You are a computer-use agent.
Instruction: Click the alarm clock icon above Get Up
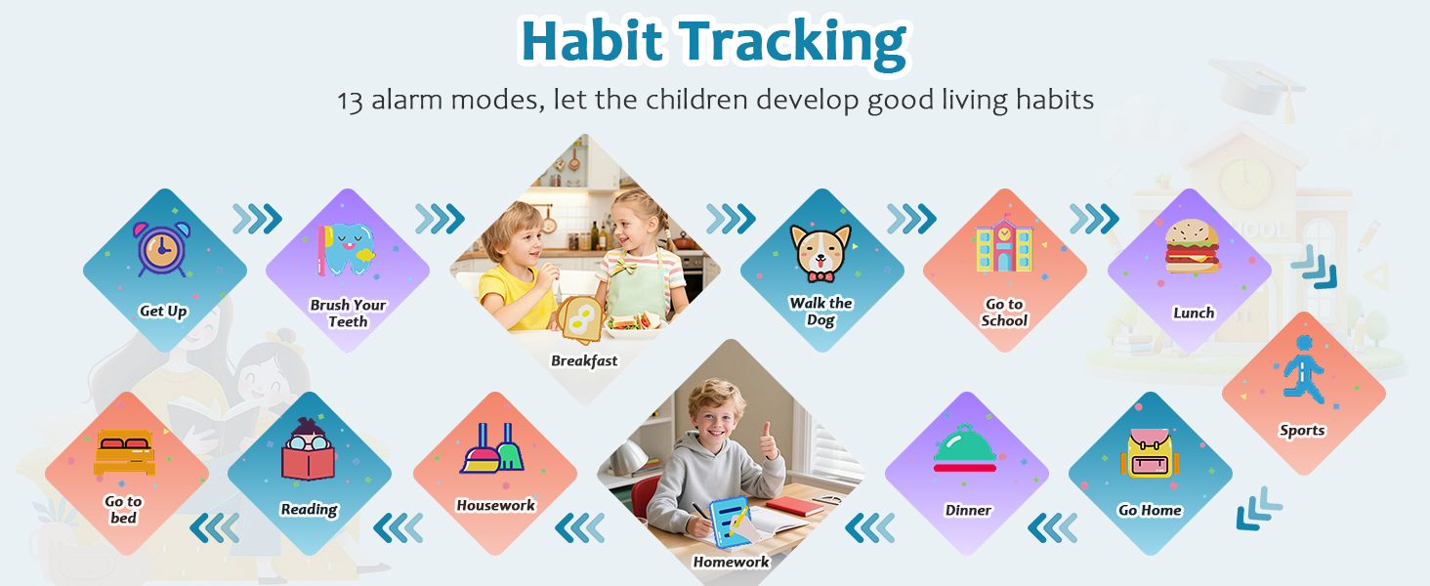pyautogui.click(x=162, y=248)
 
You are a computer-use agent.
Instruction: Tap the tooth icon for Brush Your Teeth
pyautogui.click(x=346, y=250)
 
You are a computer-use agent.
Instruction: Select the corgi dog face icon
pyautogui.click(x=820, y=253)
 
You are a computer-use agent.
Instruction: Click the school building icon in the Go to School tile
pyautogui.click(x=1004, y=243)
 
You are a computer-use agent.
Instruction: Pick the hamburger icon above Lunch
pyautogui.click(x=1192, y=246)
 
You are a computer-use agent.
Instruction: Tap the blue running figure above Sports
pyautogui.click(x=1304, y=369)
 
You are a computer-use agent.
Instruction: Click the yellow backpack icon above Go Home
pyautogui.click(x=1149, y=452)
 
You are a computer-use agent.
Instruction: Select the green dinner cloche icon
pyautogui.click(x=965, y=447)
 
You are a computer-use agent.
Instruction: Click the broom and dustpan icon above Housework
pyautogui.click(x=492, y=447)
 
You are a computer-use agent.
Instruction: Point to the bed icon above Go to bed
pyautogui.click(x=124, y=452)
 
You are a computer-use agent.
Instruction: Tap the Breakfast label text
pyautogui.click(x=584, y=360)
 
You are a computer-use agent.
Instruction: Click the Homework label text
pyautogui.click(x=731, y=562)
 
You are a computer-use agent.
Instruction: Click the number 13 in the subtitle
pyautogui.click(x=350, y=101)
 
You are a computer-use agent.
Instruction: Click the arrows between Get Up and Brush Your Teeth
pyautogui.click(x=257, y=219)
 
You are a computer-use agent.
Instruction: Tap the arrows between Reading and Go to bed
pyautogui.click(x=215, y=528)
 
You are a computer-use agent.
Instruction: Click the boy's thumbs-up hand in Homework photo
pyautogui.click(x=770, y=441)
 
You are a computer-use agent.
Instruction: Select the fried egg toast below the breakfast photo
pyautogui.click(x=580, y=319)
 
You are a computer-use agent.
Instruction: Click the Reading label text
pyautogui.click(x=309, y=509)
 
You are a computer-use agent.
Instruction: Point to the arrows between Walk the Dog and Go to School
pyautogui.click(x=911, y=219)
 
